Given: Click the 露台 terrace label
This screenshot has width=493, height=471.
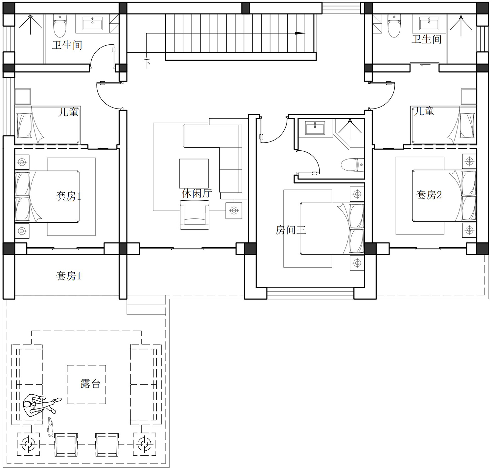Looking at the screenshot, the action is [90, 384].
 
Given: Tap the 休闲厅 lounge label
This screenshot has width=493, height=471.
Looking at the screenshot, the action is [197, 193].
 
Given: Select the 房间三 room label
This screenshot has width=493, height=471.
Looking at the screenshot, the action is [291, 230].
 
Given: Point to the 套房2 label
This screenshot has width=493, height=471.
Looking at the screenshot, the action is [429, 195].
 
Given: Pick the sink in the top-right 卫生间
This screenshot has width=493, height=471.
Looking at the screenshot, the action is [429, 23].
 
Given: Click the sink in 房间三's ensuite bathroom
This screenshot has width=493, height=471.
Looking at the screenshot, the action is [315, 128].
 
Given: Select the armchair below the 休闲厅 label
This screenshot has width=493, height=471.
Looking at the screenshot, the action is [195, 214].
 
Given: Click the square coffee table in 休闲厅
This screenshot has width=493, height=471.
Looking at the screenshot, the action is [194, 173].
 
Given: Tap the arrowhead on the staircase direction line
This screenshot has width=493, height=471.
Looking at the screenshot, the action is [300, 33].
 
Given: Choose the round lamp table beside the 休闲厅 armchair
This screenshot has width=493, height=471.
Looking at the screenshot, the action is [234, 211].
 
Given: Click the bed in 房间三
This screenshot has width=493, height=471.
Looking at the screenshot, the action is [332, 229].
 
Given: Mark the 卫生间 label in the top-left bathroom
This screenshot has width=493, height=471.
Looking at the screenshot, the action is [67, 45].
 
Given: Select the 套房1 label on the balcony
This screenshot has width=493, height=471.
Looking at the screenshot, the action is [68, 276].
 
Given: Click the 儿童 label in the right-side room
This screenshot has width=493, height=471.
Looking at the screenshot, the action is [424, 111].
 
